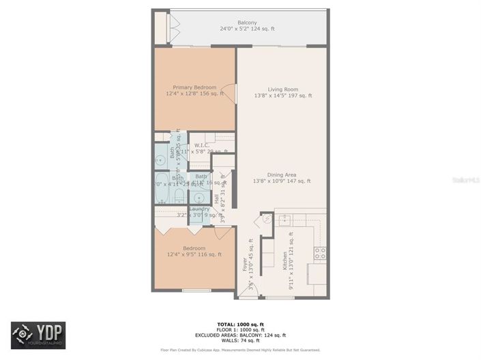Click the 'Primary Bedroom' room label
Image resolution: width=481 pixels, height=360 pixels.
click(x=194, y=87)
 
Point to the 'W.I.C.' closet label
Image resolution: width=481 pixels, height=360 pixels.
click(x=201, y=145)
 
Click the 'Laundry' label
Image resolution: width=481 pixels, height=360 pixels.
click(x=190, y=209)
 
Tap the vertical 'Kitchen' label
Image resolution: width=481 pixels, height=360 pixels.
click(x=284, y=259)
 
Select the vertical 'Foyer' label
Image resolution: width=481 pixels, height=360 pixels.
click(x=245, y=265)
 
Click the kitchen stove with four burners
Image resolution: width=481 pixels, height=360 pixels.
click(x=319, y=253)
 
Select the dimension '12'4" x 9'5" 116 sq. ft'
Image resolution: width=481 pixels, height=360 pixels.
click(x=194, y=254)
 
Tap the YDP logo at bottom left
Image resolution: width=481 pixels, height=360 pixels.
click(x=38, y=335)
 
